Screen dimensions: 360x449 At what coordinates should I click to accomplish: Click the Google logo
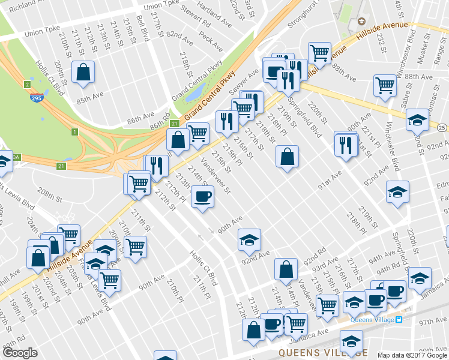20,353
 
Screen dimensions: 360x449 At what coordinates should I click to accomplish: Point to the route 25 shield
441,128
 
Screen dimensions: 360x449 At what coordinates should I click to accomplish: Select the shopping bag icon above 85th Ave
83,72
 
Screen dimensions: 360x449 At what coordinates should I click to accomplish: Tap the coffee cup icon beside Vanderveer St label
202,196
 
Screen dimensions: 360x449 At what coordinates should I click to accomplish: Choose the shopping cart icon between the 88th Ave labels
385,84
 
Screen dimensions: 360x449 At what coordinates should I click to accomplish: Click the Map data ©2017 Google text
412,356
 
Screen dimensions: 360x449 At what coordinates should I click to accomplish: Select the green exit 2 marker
27,85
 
